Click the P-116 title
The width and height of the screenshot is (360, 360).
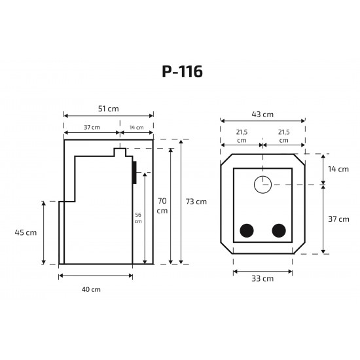[183, 71]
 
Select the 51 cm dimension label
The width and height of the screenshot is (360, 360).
[109, 109]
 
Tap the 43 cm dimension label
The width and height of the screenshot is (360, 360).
[262, 115]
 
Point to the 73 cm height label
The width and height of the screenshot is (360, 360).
[196, 202]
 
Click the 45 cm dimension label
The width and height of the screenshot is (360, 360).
[26, 232]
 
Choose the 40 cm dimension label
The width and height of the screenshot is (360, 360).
[91, 289]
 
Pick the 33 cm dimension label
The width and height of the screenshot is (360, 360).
[262, 278]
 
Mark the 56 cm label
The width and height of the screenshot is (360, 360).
[138, 218]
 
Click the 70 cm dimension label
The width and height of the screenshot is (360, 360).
[162, 206]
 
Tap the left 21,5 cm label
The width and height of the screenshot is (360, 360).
[242, 136]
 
